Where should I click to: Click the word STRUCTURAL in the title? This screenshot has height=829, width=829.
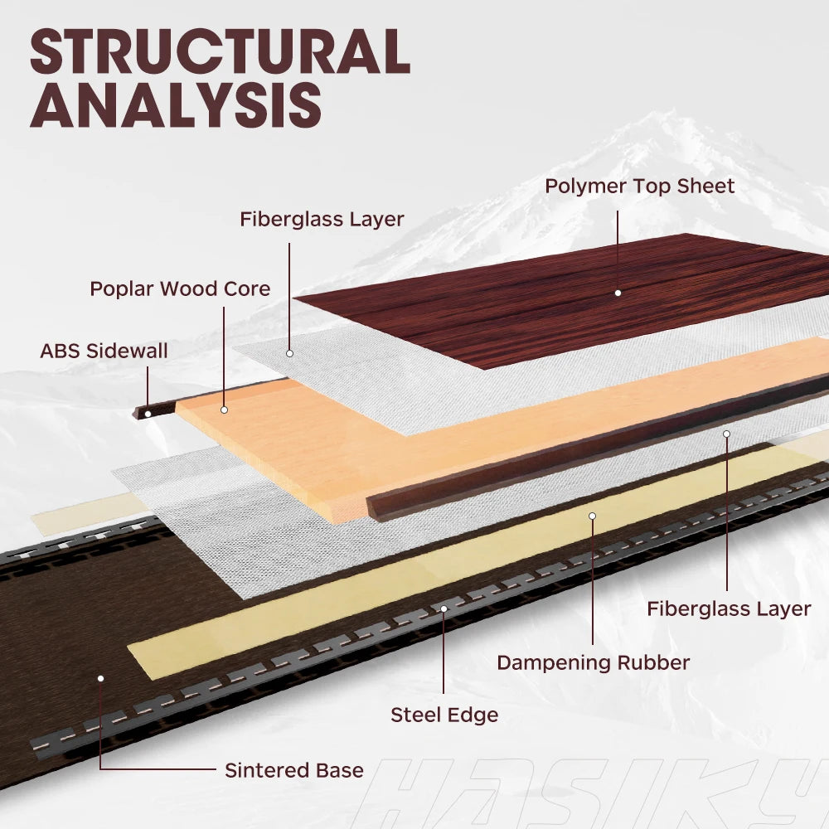click(220, 51)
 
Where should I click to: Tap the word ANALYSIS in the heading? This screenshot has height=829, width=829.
click(176, 105)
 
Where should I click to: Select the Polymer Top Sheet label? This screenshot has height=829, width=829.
click(639, 186)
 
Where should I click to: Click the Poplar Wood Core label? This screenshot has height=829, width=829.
click(180, 288)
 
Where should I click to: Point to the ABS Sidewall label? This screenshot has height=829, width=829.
click(104, 351)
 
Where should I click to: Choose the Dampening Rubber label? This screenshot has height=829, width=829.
click(593, 662)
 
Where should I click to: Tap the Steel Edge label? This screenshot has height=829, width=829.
click(444, 714)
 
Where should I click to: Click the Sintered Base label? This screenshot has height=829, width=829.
click(293, 770)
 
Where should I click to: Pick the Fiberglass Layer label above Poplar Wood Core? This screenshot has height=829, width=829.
click(322, 220)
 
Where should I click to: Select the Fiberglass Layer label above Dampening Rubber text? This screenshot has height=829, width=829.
click(729, 608)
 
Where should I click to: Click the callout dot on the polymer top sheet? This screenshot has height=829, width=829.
click(618, 293)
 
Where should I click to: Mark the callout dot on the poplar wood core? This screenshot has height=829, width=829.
click(224, 410)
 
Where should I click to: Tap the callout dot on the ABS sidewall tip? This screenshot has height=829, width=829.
click(148, 414)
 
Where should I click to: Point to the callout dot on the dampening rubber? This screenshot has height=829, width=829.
click(593, 516)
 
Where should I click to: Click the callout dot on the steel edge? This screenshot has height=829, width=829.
click(444, 608)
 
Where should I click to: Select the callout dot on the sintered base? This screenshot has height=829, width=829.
click(100, 678)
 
